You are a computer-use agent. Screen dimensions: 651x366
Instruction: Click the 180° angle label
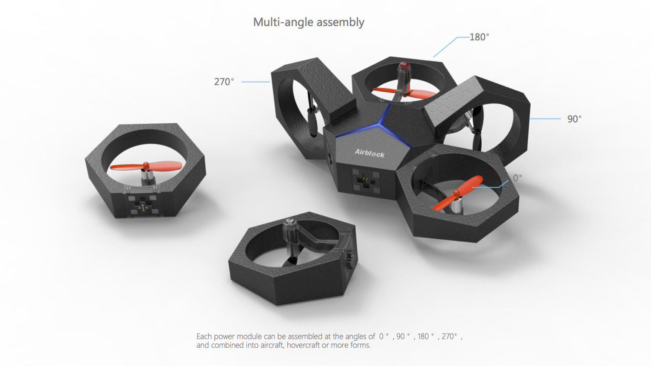479,37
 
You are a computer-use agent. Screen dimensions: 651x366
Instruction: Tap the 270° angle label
224,82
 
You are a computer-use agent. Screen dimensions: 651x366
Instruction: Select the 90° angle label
574,119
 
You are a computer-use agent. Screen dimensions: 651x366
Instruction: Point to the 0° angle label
517,178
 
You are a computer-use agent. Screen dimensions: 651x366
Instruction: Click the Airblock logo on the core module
369,153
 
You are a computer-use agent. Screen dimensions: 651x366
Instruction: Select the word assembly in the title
340,23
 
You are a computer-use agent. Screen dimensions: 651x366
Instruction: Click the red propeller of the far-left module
146,166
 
